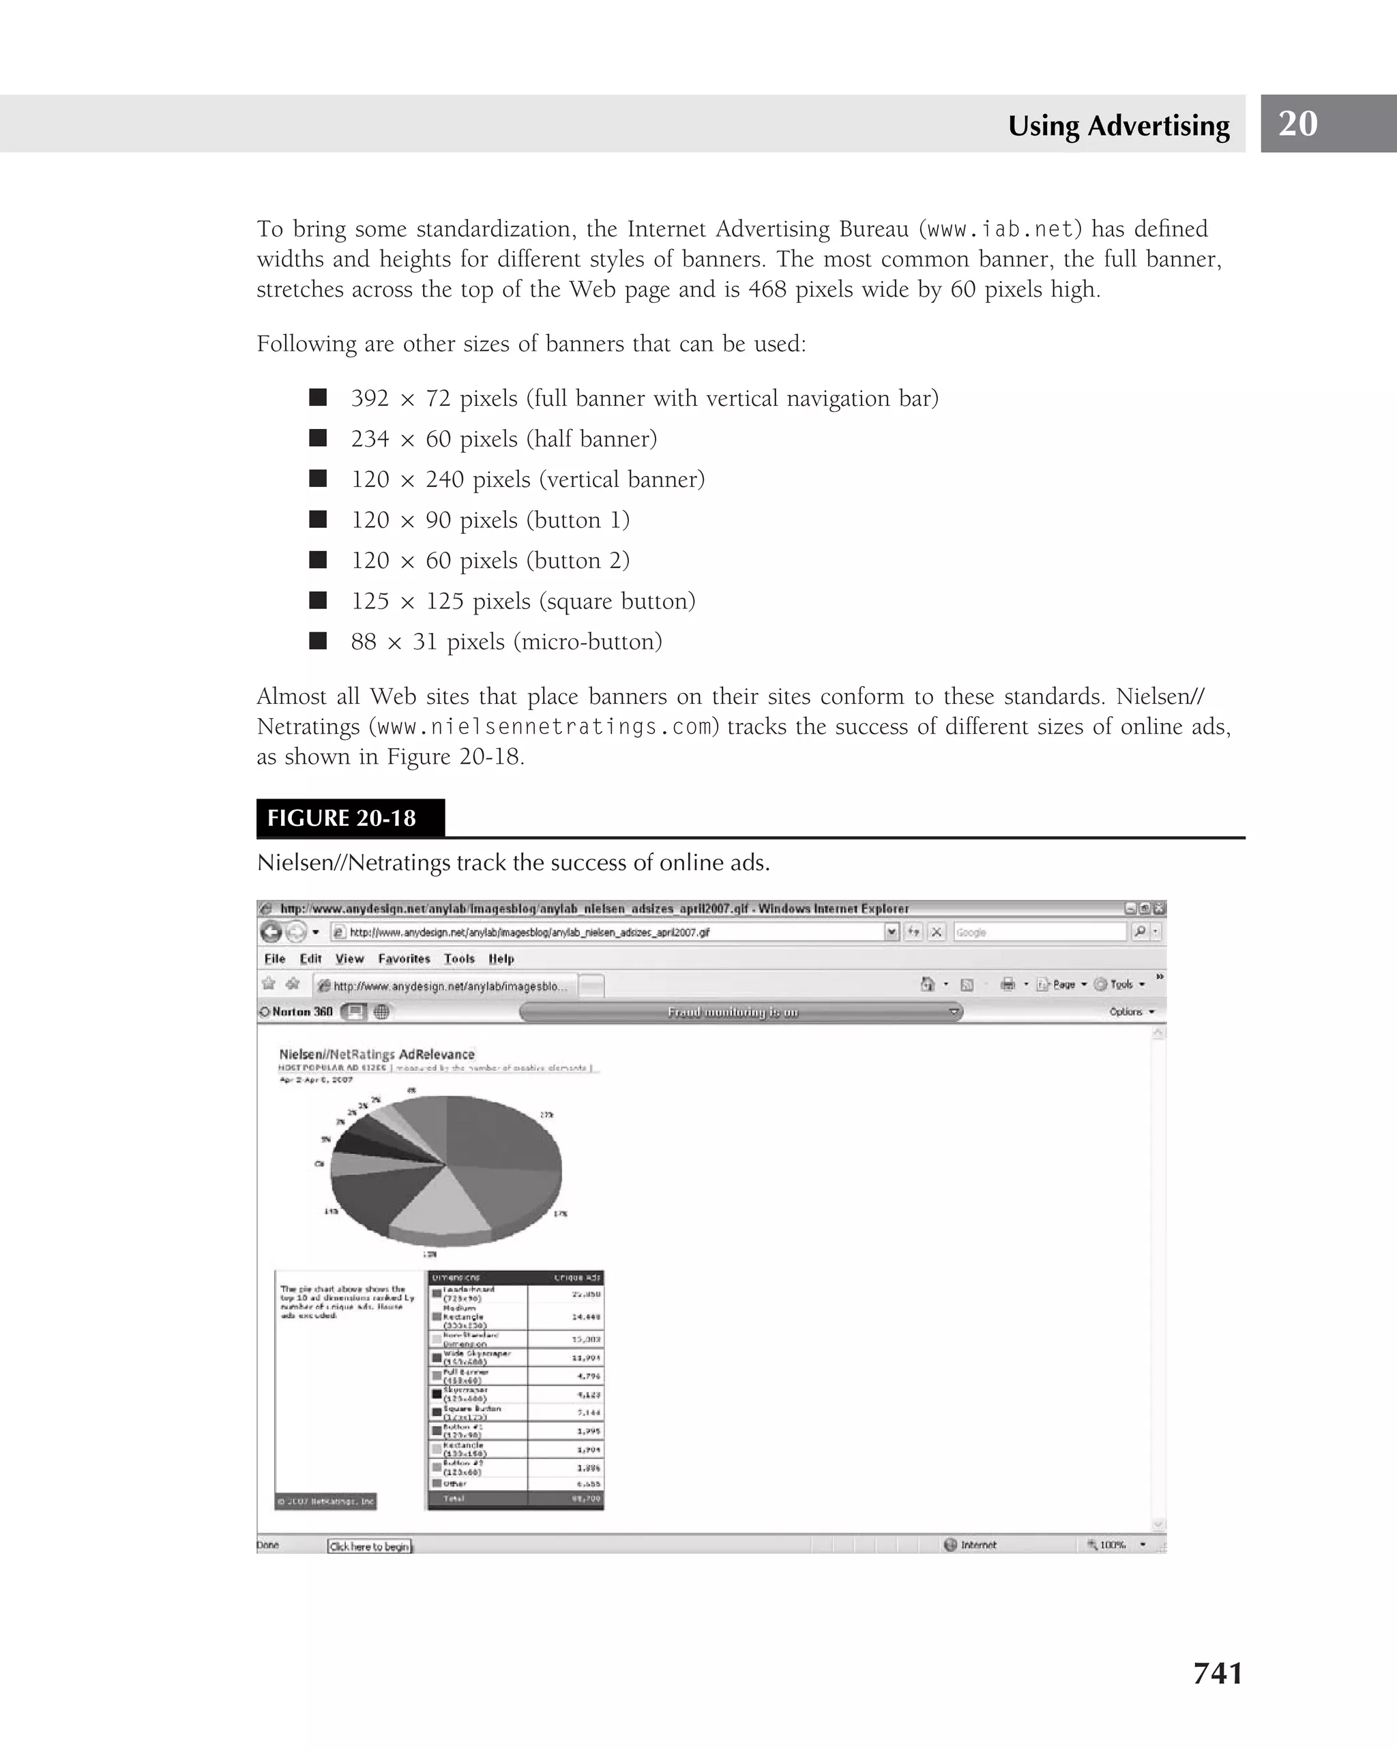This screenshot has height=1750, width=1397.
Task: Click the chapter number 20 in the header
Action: pos(1297,123)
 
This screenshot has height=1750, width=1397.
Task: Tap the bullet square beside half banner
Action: pos(318,439)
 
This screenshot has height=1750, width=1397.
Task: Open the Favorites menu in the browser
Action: pos(403,959)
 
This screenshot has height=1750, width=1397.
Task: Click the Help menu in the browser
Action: pos(501,959)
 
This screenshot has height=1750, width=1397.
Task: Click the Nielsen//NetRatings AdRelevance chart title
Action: pos(377,1054)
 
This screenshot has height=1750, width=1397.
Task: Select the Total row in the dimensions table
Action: pos(516,1498)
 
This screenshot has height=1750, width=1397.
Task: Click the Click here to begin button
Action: pos(369,1546)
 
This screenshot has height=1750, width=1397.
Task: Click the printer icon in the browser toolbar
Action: pos(1008,985)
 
